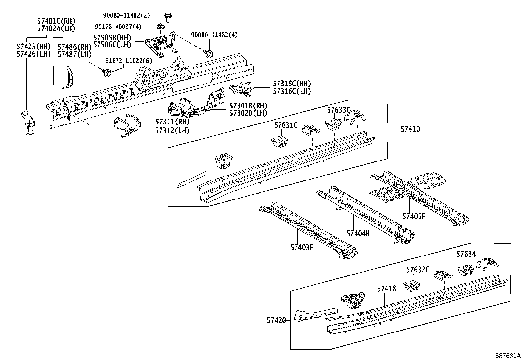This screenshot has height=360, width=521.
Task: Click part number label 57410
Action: pos(410,129)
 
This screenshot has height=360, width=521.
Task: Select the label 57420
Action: pos(276,320)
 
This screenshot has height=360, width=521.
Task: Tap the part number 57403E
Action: pos(301,247)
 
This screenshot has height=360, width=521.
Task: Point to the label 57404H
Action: pos(358,233)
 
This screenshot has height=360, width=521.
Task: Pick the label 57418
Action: pos(386,289)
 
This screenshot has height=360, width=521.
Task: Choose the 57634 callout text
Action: pos(466,254)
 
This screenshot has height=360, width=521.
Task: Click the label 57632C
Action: pos(418,270)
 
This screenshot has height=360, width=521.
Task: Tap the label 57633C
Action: pos(339,110)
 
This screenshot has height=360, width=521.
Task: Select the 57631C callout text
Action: pos(286,125)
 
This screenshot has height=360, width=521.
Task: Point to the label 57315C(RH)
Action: pos(292,84)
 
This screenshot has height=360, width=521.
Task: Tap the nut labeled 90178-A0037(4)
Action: pos(160,26)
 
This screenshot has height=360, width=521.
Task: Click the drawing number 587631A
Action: pos(507,356)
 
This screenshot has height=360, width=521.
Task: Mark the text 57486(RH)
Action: pos(74,47)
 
